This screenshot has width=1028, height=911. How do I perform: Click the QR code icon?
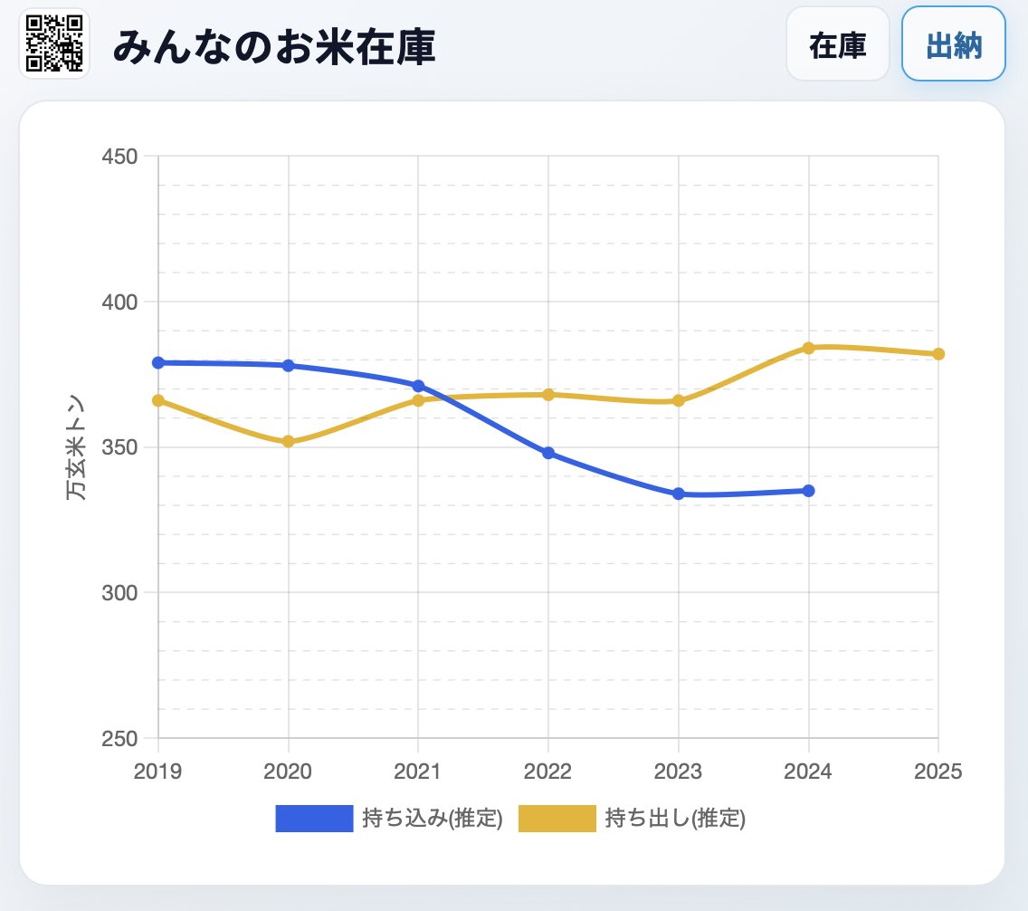54,43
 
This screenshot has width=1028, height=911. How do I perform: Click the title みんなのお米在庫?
274,47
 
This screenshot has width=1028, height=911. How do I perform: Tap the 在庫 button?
838,44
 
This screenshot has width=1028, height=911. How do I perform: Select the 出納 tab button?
954,44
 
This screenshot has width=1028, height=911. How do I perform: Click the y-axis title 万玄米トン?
77,447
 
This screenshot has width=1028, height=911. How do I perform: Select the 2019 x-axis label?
158,772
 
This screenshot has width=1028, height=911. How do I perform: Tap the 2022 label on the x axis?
548,772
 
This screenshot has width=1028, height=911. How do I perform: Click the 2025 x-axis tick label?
938,772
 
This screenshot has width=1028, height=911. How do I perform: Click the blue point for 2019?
158,362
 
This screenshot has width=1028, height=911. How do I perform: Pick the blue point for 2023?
679,494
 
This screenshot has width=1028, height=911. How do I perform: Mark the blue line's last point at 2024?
809,491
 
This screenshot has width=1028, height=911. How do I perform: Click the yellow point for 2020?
289,442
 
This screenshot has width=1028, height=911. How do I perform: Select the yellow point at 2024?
809,348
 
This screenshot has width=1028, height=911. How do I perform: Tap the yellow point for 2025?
938,354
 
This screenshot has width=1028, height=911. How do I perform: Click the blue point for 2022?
548,453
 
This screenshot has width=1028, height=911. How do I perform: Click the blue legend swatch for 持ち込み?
314,819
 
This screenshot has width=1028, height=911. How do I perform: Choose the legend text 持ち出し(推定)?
675,819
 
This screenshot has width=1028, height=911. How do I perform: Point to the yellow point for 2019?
158,400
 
